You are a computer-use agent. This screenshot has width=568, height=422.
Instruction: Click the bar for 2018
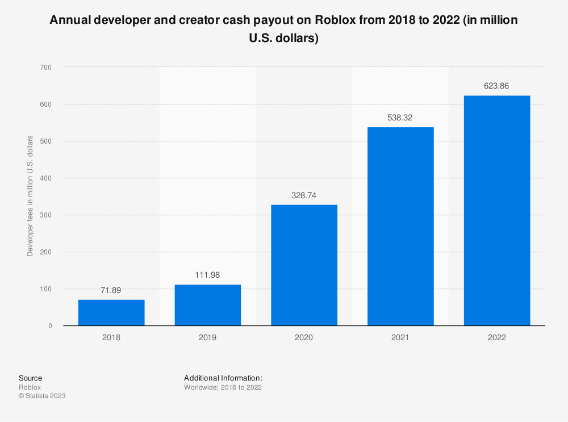point(111,312)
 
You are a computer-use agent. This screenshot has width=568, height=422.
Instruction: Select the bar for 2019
point(208,305)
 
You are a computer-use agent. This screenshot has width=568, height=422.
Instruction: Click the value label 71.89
point(111,290)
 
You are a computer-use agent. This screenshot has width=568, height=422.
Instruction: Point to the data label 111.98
point(208,275)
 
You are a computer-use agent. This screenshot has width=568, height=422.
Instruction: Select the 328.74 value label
point(304,195)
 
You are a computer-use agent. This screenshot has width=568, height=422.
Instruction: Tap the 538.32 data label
point(400,118)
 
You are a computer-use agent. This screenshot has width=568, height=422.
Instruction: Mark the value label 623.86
point(497,86)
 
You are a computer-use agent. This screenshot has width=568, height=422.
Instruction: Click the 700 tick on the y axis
point(46,68)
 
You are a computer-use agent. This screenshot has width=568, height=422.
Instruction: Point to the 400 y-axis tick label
point(46,178)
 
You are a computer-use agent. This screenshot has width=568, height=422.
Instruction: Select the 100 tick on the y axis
point(46,289)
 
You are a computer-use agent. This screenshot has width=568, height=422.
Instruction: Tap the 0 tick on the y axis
point(50,326)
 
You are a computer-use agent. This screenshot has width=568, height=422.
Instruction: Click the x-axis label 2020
point(304,337)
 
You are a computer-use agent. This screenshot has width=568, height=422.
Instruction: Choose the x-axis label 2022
point(497,337)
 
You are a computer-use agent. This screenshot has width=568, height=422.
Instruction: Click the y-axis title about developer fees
point(30,196)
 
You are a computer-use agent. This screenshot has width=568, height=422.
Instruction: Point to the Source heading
point(30,378)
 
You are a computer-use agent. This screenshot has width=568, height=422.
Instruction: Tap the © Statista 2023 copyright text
point(42,396)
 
